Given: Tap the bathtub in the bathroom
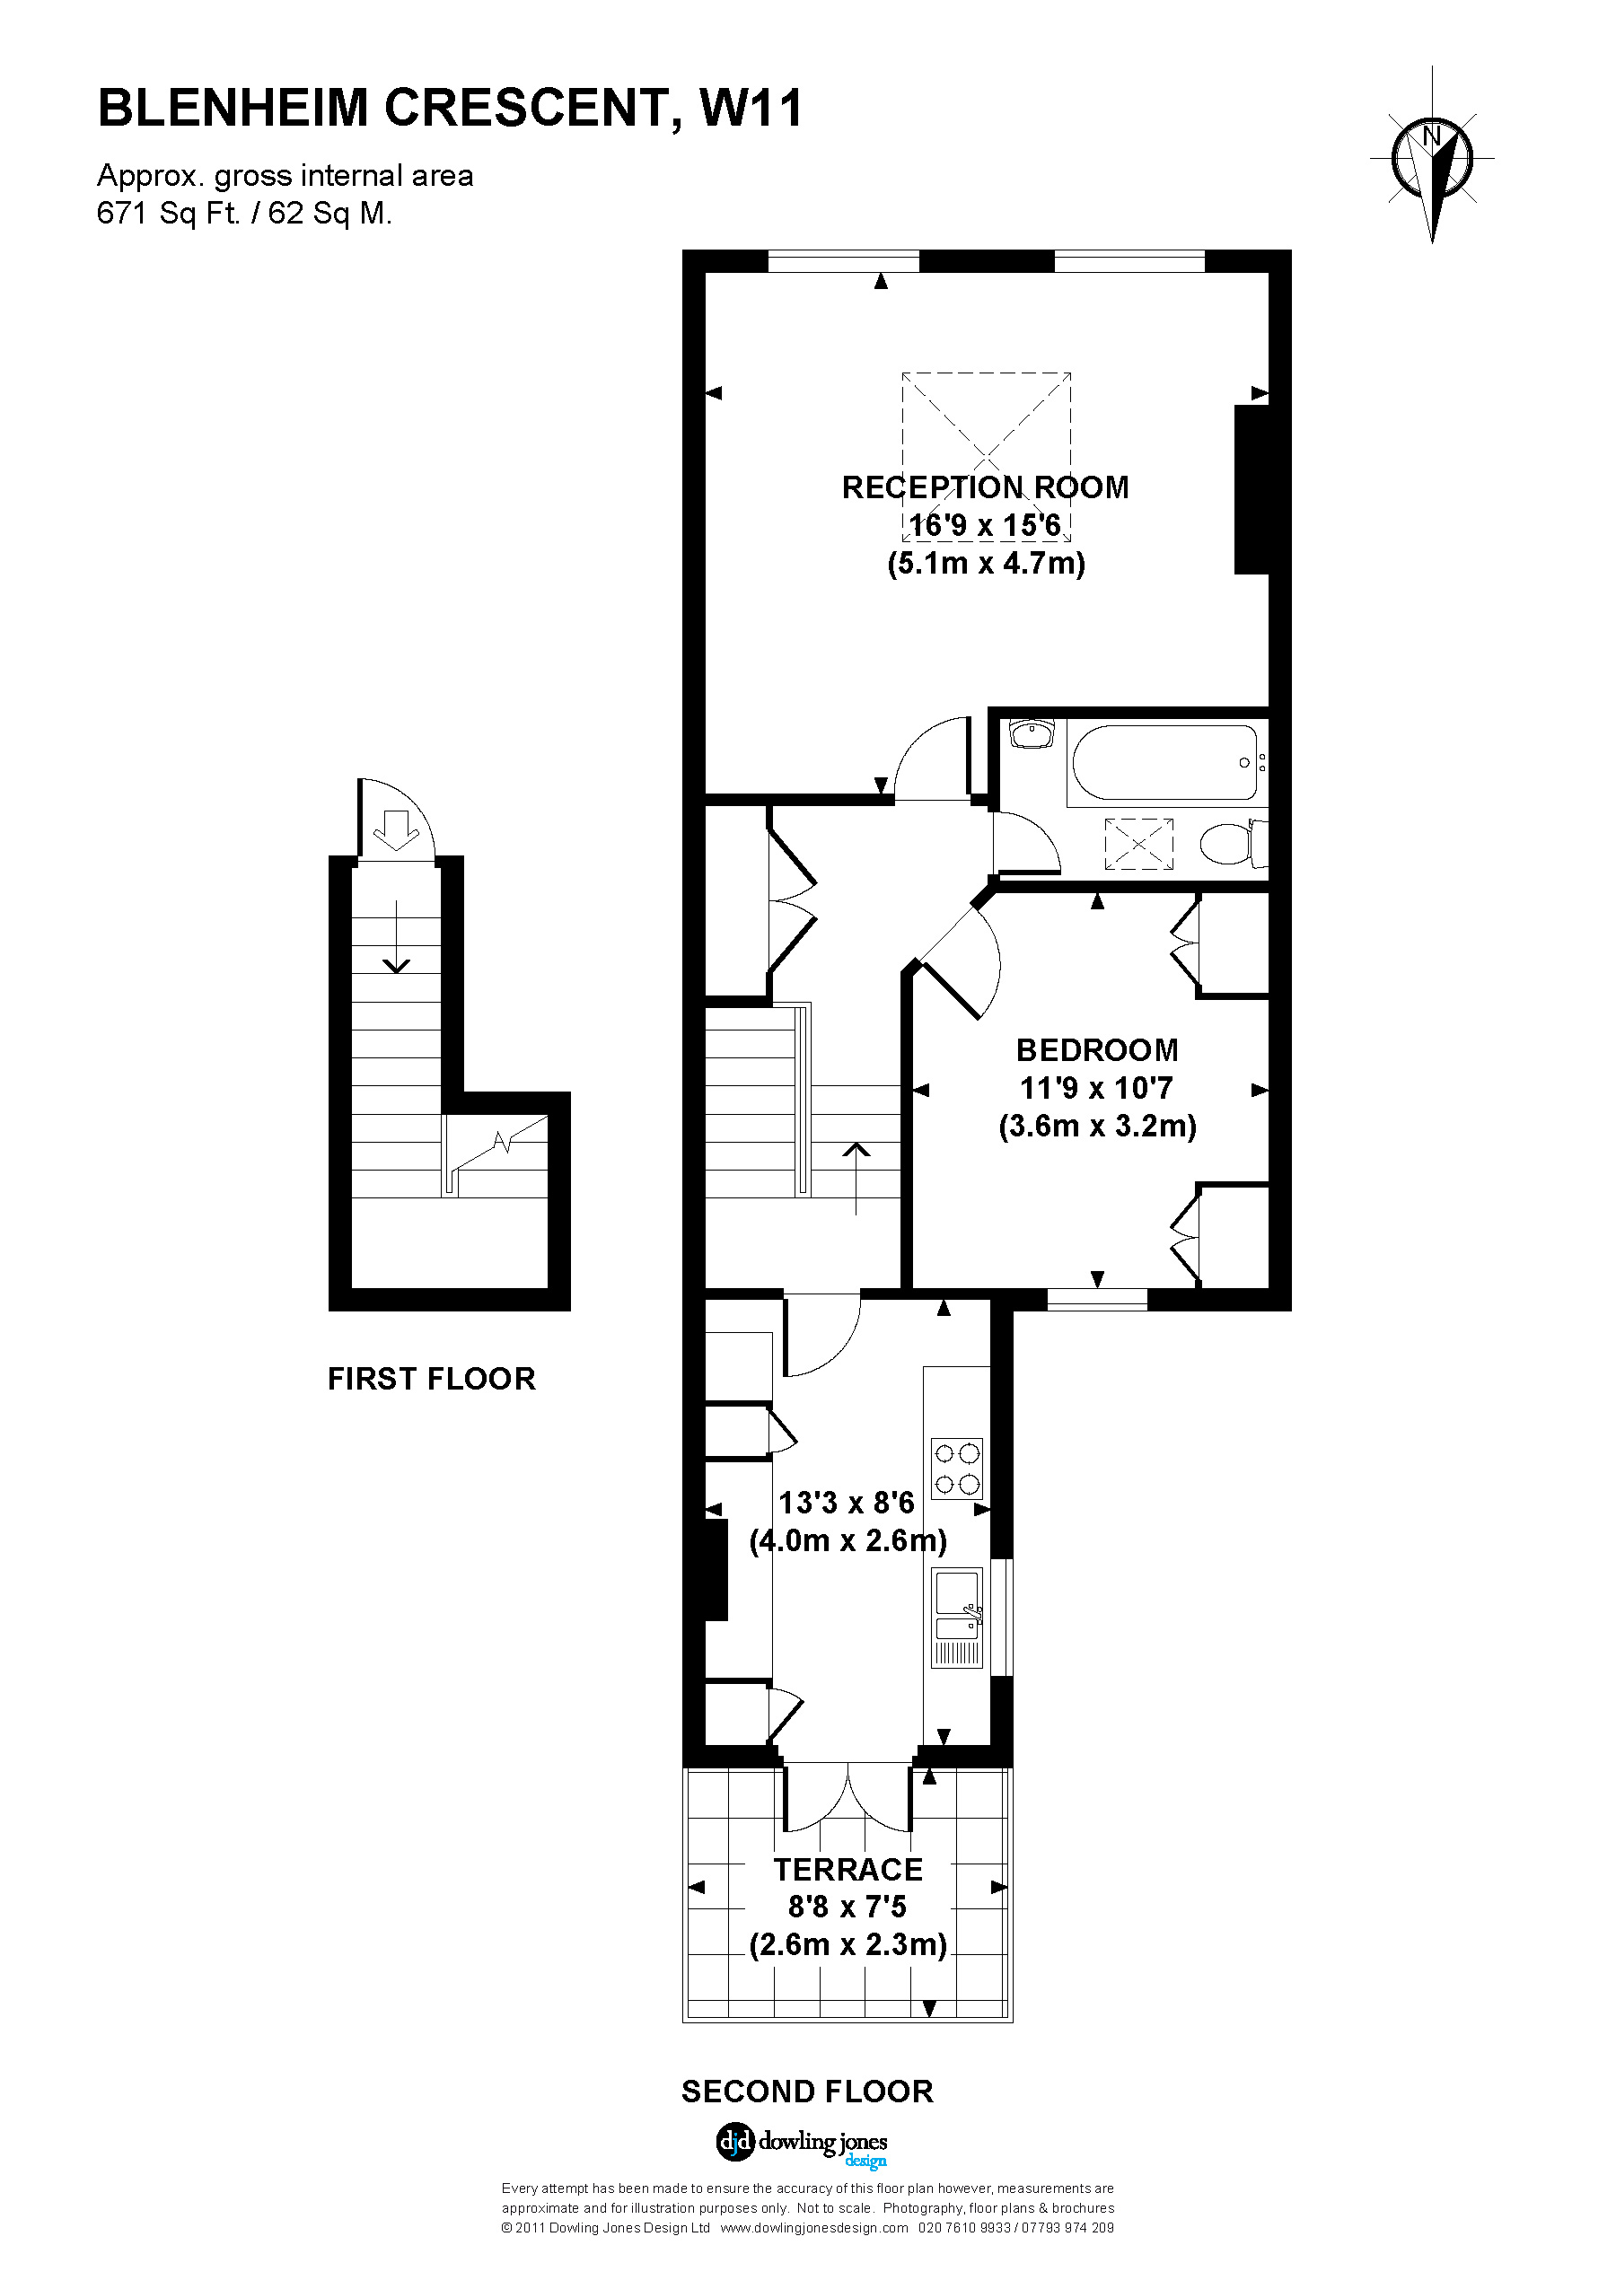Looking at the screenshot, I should click(1164, 763).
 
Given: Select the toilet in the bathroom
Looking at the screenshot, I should click(1232, 844).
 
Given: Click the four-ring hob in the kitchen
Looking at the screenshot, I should click(957, 1469).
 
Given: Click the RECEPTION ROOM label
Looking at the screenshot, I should click(985, 487).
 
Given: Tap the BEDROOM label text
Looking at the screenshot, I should click(1096, 1049).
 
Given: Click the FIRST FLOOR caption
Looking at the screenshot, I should click(432, 1379).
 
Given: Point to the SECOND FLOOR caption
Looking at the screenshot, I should click(806, 2092).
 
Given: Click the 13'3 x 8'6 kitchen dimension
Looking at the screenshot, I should click(847, 1503).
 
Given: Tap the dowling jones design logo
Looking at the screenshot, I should click(802, 2143).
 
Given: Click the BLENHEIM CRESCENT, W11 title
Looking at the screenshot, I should click(450, 109).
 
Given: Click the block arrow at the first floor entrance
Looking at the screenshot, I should click(397, 829).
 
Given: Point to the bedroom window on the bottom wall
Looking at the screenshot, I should click(1096, 1299).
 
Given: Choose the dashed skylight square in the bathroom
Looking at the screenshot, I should click(1138, 844).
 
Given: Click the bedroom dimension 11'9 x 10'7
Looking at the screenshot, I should click(1095, 1088).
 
